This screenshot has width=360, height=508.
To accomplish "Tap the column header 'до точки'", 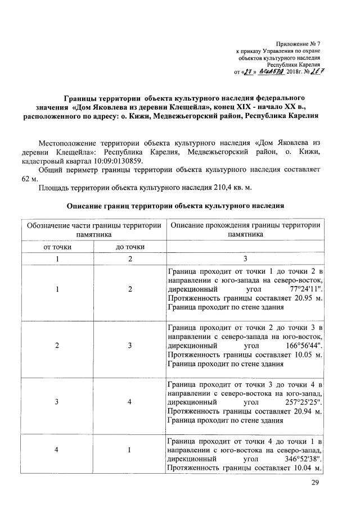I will pyautogui.click(x=130, y=247).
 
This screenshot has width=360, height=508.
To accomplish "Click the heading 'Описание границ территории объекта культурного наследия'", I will pyautogui.click(x=175, y=206).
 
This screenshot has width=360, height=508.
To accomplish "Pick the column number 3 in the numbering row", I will pyautogui.click(x=245, y=259).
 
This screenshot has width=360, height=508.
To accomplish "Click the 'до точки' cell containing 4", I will pyautogui.click(x=130, y=402).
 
